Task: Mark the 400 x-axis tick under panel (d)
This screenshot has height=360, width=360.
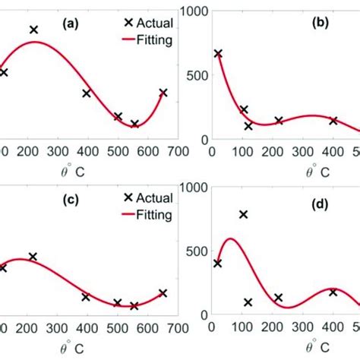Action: point(333,330)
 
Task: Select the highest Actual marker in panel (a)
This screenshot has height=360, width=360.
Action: point(34,30)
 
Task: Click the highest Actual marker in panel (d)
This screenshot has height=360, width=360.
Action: point(244,215)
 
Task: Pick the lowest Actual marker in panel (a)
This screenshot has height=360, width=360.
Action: point(134,124)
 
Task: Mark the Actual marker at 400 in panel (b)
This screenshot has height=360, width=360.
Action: point(333,121)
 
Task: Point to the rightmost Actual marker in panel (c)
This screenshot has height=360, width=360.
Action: point(163,292)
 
